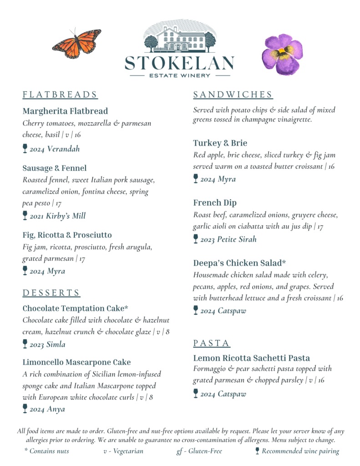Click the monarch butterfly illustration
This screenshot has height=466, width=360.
coord(76,43)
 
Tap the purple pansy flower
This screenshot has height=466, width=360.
coord(282,54)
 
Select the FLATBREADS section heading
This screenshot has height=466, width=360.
coord(60,95)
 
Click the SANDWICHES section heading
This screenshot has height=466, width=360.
coord(233,95)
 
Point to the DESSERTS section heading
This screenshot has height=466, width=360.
coord(51,293)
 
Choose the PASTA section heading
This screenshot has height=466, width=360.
coord(212,343)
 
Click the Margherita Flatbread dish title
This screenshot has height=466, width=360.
coord(65,111)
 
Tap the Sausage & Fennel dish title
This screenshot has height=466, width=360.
coord(54,168)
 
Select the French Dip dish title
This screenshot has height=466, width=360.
coord(214,203)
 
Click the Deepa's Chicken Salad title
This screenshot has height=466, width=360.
coord(239,263)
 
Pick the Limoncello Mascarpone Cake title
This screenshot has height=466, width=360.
coord(76,362)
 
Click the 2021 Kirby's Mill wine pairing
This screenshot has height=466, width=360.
coord(57,216)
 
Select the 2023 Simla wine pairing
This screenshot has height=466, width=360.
coord(47,344)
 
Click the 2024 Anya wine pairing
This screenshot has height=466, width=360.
coord(47,409)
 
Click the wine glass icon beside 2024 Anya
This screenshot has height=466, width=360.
coord(25,408)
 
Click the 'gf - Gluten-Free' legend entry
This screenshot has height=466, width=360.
coord(199,451)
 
